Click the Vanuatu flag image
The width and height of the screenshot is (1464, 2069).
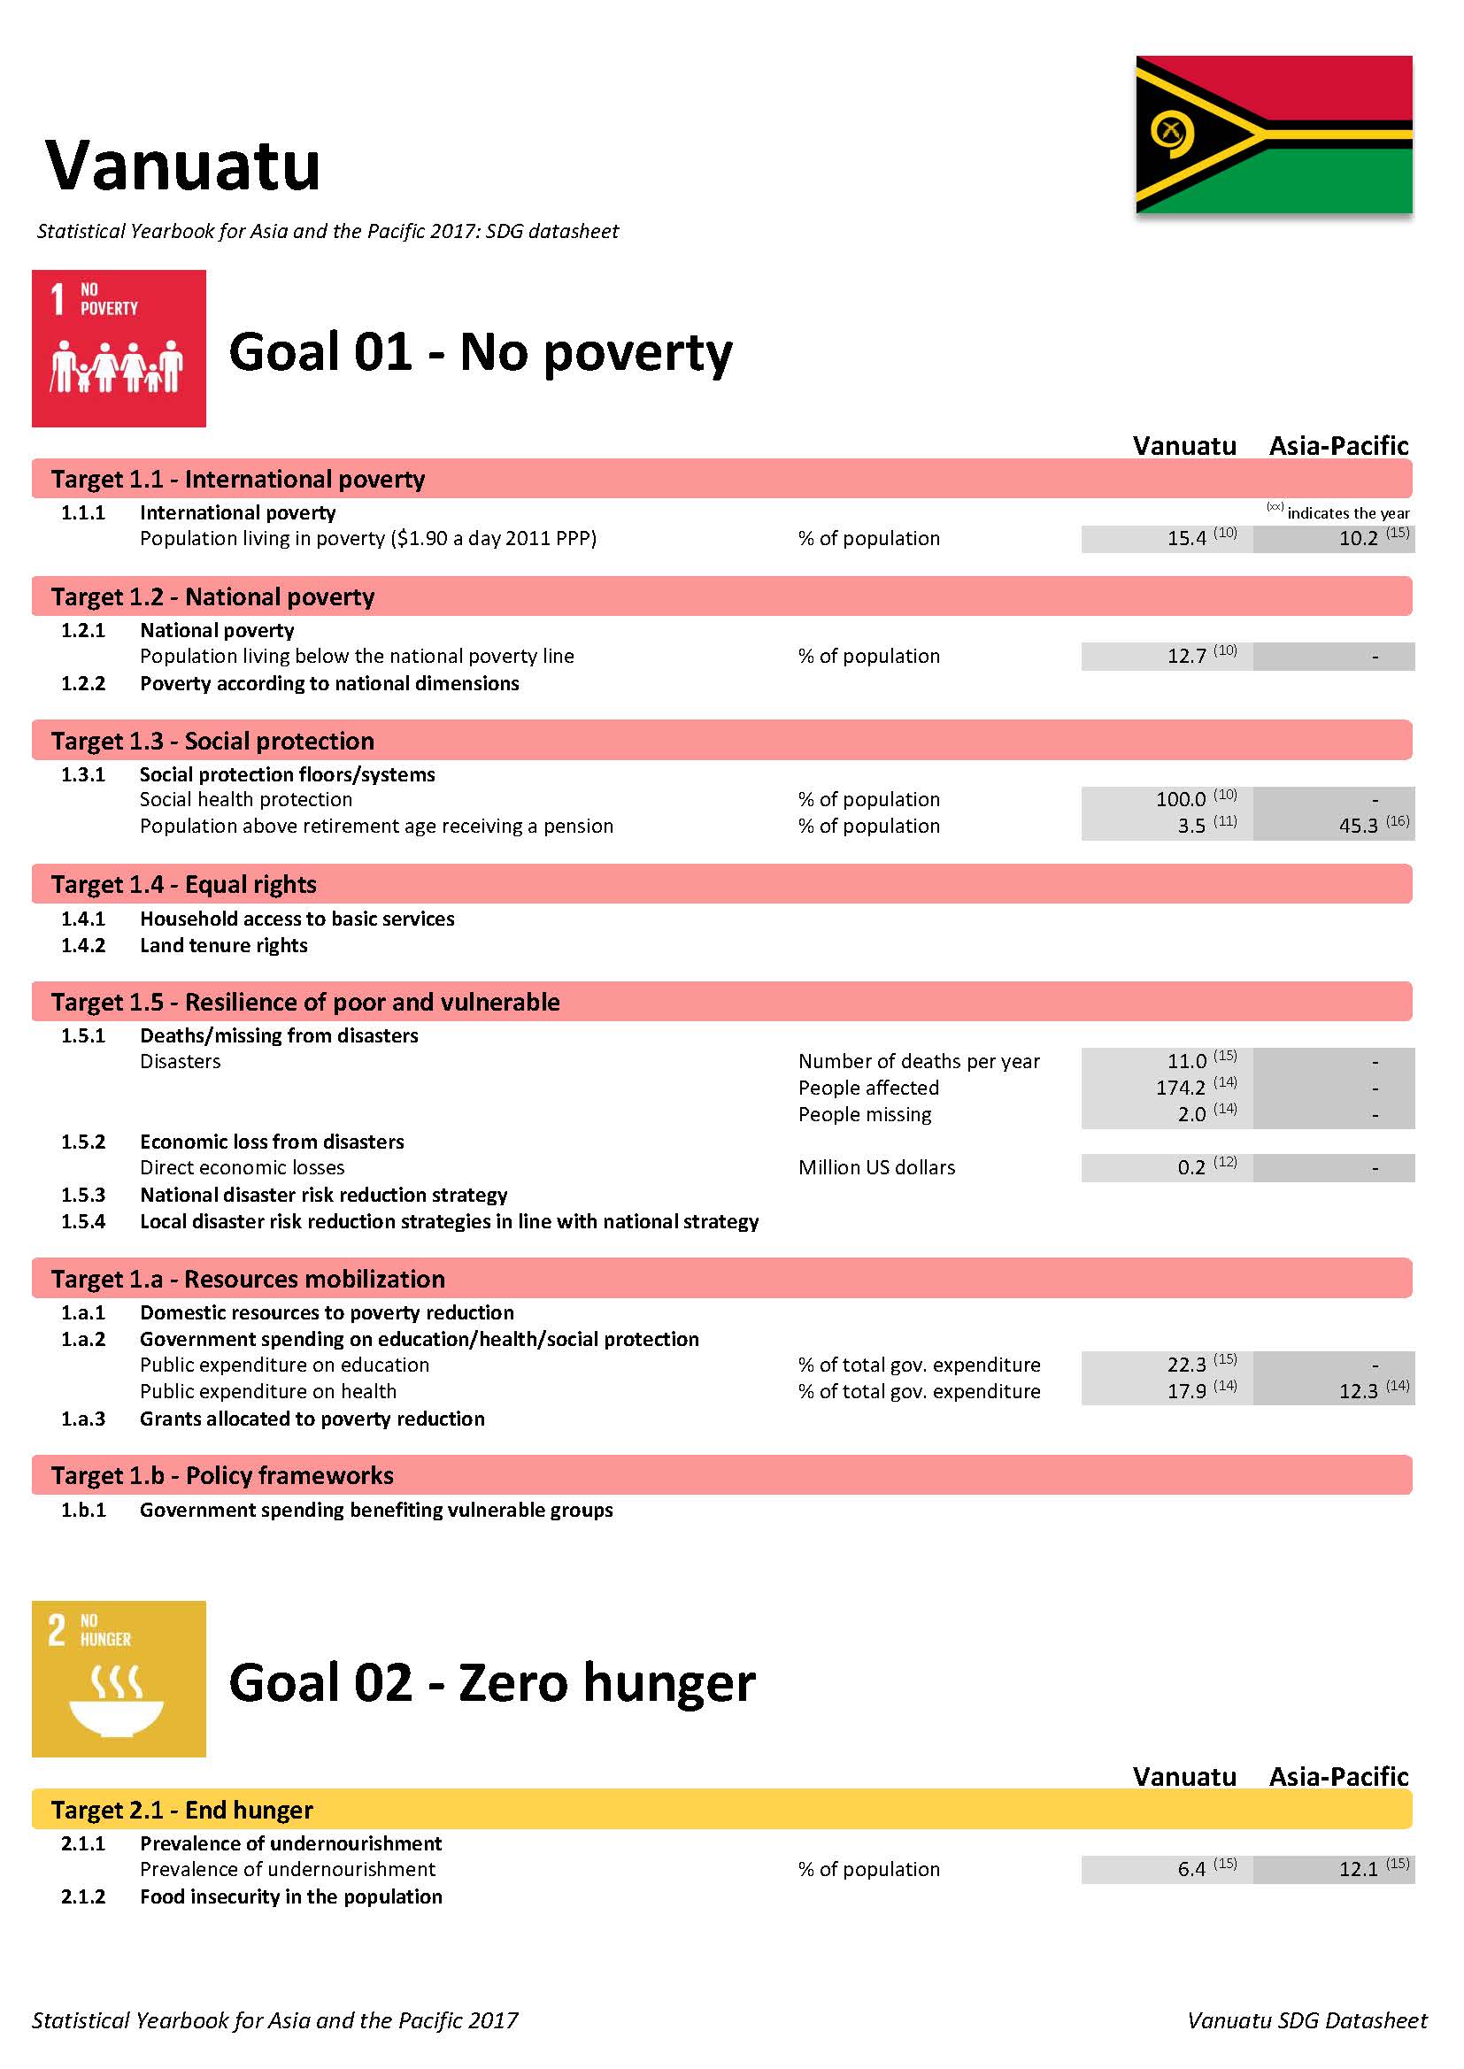click(x=1273, y=135)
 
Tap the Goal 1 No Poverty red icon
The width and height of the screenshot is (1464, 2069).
click(x=119, y=348)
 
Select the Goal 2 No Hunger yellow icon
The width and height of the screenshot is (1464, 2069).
click(x=119, y=1679)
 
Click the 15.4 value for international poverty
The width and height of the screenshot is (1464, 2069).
click(x=1186, y=539)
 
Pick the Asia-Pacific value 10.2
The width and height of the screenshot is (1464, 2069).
click(x=1359, y=539)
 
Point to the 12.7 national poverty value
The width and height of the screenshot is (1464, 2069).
click(x=1186, y=657)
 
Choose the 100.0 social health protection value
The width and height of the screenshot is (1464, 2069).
click(x=1181, y=800)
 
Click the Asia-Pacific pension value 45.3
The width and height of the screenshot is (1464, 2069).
click(x=1359, y=827)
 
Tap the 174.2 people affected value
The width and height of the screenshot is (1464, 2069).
click(x=1181, y=1088)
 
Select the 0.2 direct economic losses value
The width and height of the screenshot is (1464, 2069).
click(x=1190, y=1168)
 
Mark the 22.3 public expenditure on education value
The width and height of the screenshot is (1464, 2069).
click(x=1186, y=1365)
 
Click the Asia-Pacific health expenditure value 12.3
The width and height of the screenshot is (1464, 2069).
click(x=1359, y=1392)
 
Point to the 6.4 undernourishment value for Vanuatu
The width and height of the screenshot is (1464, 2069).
click(x=1190, y=1870)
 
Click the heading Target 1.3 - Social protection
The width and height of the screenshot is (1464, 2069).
click(x=212, y=741)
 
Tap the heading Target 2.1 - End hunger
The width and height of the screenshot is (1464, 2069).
click(x=182, y=1810)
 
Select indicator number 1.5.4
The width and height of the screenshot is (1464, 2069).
click(x=83, y=1222)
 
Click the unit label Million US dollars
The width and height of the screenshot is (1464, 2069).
click(x=876, y=1168)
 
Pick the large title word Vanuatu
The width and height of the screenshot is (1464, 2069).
click(x=183, y=165)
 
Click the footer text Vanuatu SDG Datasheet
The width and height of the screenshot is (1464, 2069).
click(x=1306, y=2020)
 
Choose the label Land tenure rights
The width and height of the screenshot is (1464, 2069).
click(x=224, y=945)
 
